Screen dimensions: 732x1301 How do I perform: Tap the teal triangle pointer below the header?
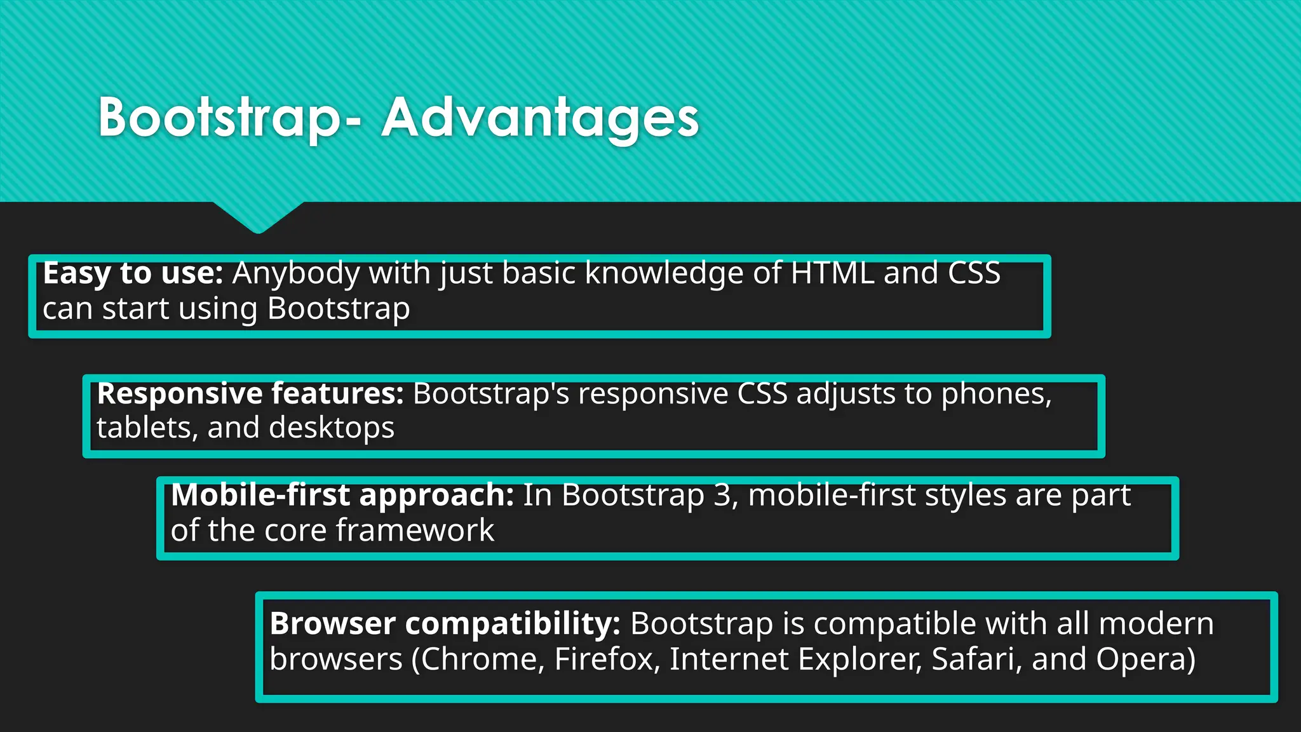click(x=258, y=216)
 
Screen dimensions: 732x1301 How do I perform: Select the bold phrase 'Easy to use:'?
click(x=133, y=273)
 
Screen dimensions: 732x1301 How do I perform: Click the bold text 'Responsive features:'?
click(x=250, y=394)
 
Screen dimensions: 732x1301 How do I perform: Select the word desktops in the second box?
click(x=332, y=428)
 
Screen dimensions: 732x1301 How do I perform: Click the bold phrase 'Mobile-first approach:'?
click(x=342, y=495)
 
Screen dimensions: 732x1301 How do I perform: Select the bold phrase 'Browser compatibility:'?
click(x=445, y=624)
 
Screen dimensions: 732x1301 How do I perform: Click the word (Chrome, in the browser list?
click(x=478, y=660)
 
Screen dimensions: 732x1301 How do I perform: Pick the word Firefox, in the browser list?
click(x=603, y=660)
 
